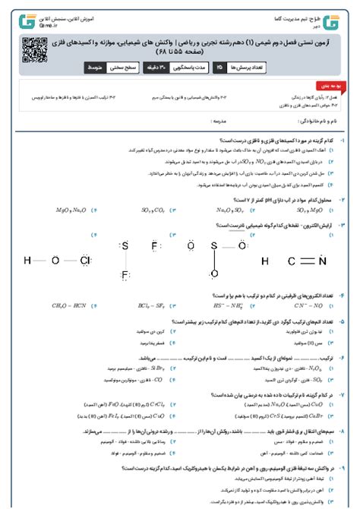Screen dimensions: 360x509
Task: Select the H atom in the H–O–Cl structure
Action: point(28,261)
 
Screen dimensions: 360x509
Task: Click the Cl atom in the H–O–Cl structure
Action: point(86,261)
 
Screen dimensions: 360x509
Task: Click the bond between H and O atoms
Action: point(41,261)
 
